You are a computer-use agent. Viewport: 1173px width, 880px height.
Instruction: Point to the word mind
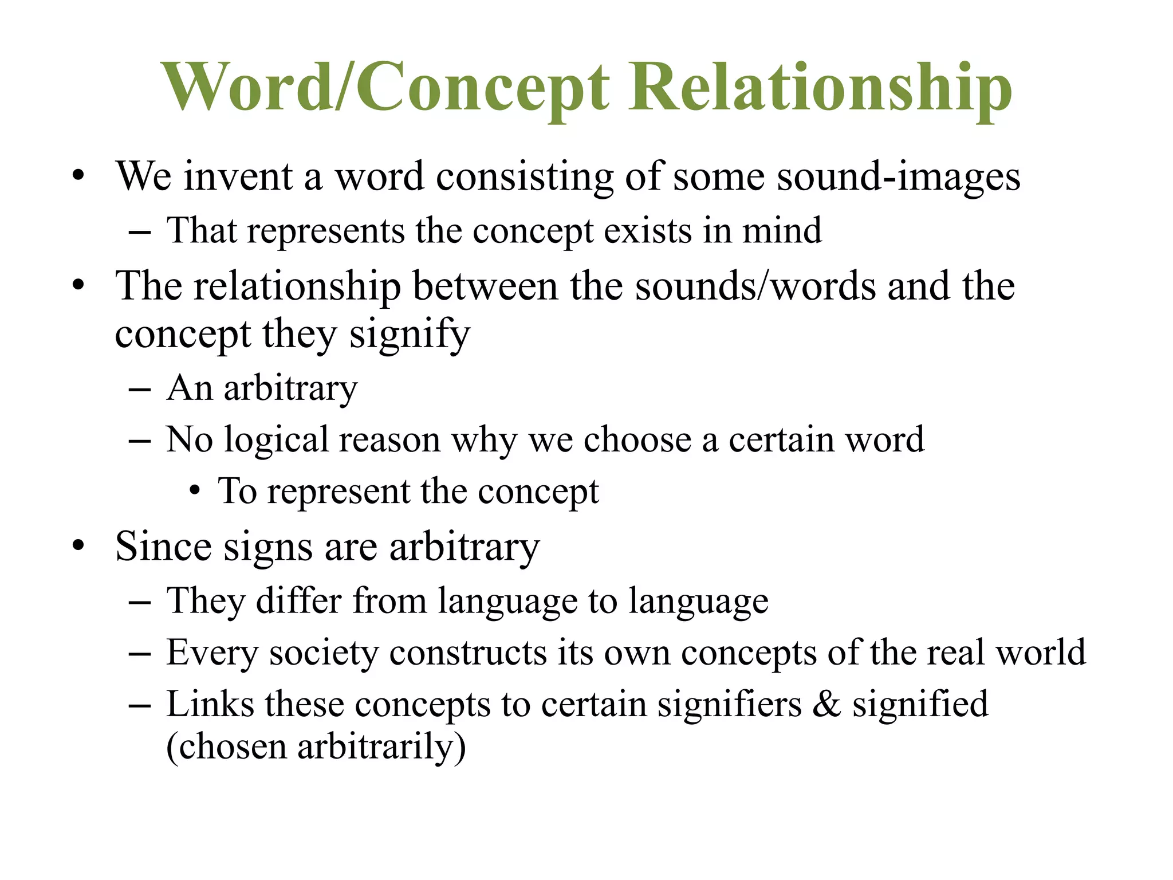tap(782, 231)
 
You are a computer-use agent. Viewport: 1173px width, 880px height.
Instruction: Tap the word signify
tap(410, 335)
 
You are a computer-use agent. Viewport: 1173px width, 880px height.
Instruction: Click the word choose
tap(637, 440)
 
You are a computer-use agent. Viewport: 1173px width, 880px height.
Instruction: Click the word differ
tap(298, 601)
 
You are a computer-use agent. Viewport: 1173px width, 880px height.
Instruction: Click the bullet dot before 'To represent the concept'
tap(195, 492)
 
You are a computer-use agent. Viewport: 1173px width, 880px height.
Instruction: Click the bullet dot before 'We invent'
tap(78, 175)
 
